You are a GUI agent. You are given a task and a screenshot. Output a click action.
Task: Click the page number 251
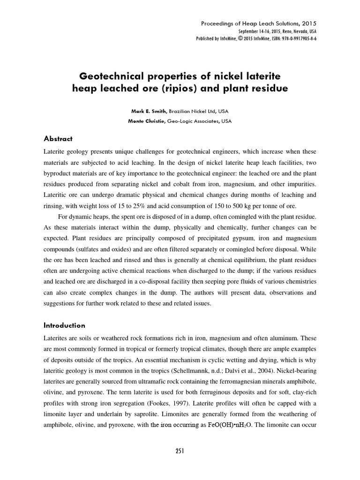[180, 451]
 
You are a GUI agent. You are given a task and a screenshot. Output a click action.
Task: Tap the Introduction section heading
[64, 325]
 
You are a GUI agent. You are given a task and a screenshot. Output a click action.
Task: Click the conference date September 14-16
[258, 31]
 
